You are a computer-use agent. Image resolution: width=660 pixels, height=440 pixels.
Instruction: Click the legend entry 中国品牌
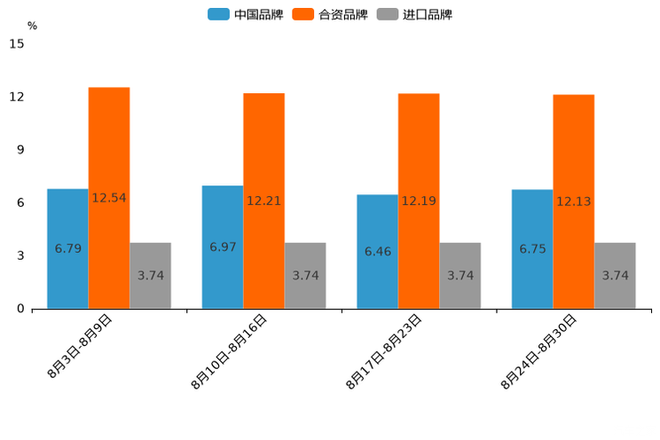click(245, 14)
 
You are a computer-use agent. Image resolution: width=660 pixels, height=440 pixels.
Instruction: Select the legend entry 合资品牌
click(330, 14)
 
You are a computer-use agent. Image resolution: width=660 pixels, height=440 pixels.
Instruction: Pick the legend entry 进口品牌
click(414, 14)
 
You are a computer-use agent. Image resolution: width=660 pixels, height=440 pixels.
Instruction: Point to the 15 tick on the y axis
click(17, 43)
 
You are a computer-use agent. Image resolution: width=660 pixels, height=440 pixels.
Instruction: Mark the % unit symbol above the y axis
click(32, 26)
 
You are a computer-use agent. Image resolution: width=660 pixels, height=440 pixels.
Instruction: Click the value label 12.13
click(574, 201)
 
